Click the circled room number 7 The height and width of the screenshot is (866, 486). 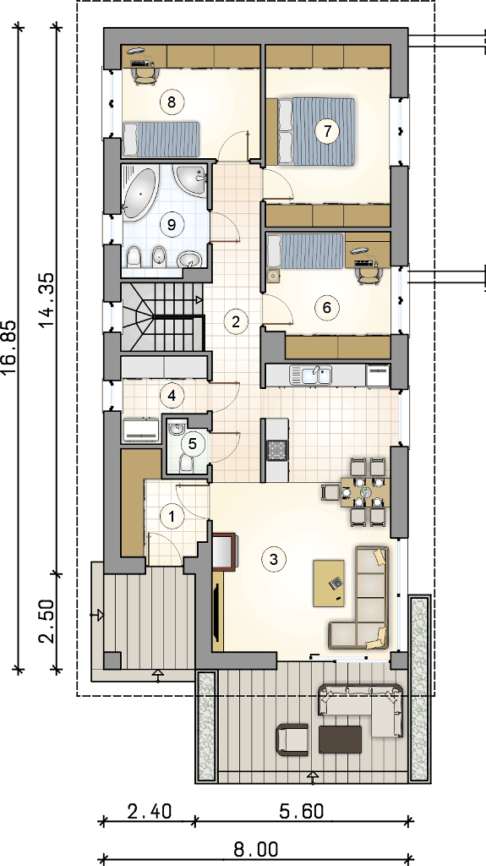coord(327,131)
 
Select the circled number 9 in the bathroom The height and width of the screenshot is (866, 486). coord(171,224)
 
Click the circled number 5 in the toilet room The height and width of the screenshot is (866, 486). coord(192,442)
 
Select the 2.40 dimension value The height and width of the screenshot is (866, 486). coord(149,812)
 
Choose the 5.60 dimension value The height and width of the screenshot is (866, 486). coord(302,812)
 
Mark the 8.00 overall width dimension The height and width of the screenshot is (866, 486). coord(256,849)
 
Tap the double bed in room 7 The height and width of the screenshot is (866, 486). coord(310,131)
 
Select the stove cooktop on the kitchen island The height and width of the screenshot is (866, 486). coord(276,450)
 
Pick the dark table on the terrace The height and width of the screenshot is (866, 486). coord(340,739)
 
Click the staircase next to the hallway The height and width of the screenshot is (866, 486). coord(162,315)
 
